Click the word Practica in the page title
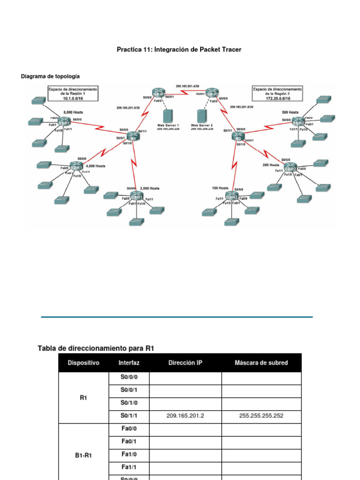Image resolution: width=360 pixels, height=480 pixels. [129, 49]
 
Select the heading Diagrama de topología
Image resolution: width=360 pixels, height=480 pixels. [51, 76]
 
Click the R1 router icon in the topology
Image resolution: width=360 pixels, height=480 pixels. [133, 137]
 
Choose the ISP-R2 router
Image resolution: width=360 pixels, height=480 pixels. [212, 92]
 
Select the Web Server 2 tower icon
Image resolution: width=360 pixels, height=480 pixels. [202, 116]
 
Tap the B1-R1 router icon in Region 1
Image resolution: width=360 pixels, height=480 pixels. [64, 122]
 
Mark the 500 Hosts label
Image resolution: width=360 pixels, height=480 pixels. [290, 112]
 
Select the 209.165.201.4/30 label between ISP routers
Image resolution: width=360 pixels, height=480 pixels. [187, 86]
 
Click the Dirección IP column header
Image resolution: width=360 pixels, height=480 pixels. [185, 363]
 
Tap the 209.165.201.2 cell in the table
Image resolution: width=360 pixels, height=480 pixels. [185, 415]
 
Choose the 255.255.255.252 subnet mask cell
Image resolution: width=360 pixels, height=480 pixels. [261, 415]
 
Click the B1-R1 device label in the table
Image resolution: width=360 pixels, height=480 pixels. [83, 455]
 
